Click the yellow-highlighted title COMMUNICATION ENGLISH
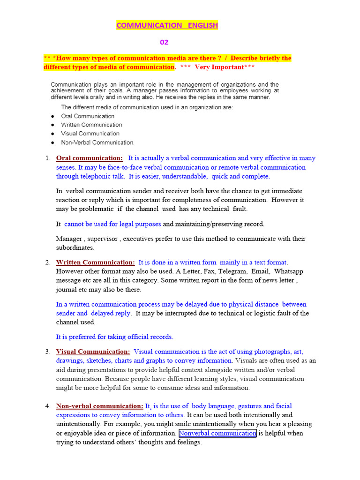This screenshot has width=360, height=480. click(167, 25)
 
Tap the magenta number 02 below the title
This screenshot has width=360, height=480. click(164, 42)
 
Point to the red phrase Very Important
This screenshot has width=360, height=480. click(220, 67)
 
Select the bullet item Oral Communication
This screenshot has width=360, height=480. click(88, 116)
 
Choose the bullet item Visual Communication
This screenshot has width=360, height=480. click(90, 134)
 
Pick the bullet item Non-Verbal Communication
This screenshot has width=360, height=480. click(97, 142)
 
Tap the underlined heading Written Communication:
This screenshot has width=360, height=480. click(95, 262)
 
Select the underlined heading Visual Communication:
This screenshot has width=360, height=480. click(93, 352)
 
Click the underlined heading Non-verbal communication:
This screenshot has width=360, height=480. click(99, 406)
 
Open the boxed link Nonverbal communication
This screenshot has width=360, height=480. click(217, 433)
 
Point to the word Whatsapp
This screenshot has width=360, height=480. click(288, 271)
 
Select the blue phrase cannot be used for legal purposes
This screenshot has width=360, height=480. click(112, 224)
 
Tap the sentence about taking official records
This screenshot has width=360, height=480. click(114, 337)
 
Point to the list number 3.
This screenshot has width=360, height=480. click(48, 352)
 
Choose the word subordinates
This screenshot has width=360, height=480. click(75, 247)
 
